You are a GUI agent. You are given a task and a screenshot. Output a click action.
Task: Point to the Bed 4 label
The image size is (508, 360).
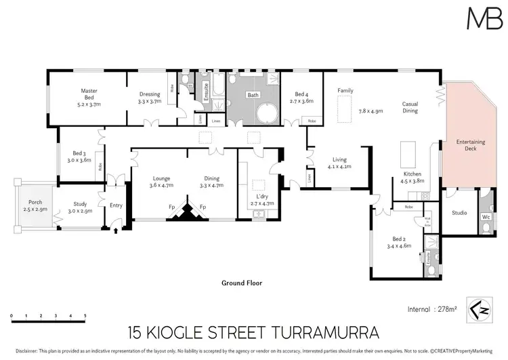pos(303,94)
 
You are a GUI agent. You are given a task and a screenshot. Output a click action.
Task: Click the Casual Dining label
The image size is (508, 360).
pos(410,106)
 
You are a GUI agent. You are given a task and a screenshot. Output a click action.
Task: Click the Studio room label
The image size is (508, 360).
pos(460,214)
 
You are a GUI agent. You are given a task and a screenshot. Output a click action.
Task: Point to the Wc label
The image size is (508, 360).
pos(484,218)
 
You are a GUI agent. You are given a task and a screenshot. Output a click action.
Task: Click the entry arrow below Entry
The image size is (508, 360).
pos(115,231)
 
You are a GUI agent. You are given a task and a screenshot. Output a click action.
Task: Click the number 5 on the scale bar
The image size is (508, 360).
pos(85,317)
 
